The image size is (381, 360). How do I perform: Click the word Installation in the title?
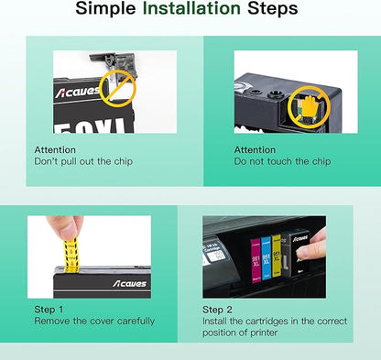(190, 11)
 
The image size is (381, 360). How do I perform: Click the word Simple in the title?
(107, 11)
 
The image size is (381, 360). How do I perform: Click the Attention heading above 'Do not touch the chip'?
(255, 149)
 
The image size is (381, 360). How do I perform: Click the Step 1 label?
(49, 310)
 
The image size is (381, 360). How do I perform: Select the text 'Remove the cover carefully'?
(94, 322)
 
